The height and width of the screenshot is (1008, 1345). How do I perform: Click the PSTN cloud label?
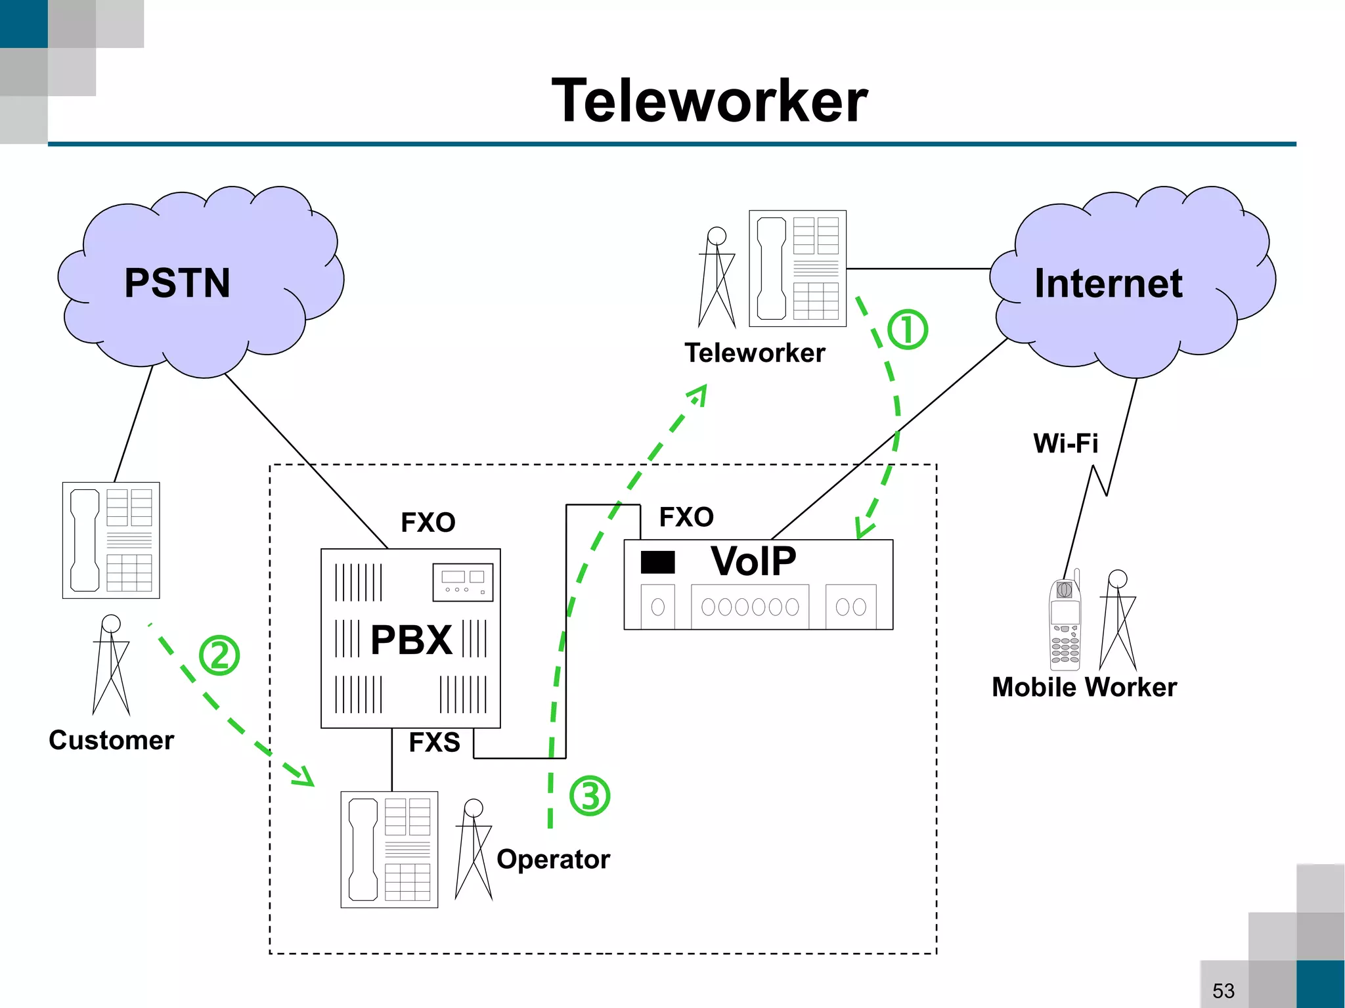[177, 283]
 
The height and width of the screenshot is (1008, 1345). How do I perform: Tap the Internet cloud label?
[1109, 283]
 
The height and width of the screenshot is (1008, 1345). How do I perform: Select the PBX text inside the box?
[411, 640]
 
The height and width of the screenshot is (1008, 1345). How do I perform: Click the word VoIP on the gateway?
[753, 561]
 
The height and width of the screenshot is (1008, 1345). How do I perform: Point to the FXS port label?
[434, 742]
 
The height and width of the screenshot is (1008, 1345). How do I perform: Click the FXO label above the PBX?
[428, 523]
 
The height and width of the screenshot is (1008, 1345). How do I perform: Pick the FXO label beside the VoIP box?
[686, 517]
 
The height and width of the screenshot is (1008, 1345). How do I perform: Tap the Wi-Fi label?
[1065, 443]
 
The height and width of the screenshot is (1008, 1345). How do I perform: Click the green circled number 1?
[908, 330]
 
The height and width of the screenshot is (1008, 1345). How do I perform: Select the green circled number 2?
[219, 655]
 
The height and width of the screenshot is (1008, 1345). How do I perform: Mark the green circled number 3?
[590, 796]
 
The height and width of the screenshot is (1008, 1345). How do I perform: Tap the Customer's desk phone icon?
[111, 540]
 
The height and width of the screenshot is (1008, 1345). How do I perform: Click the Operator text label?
[553, 860]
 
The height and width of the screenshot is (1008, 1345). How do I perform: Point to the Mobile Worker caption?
[1084, 688]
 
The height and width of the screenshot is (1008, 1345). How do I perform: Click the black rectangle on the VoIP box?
[657, 562]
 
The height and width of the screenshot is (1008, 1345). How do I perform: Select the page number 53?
[1223, 990]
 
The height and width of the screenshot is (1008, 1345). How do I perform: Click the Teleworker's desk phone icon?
[797, 269]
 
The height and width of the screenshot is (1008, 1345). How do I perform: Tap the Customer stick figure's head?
[111, 623]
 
